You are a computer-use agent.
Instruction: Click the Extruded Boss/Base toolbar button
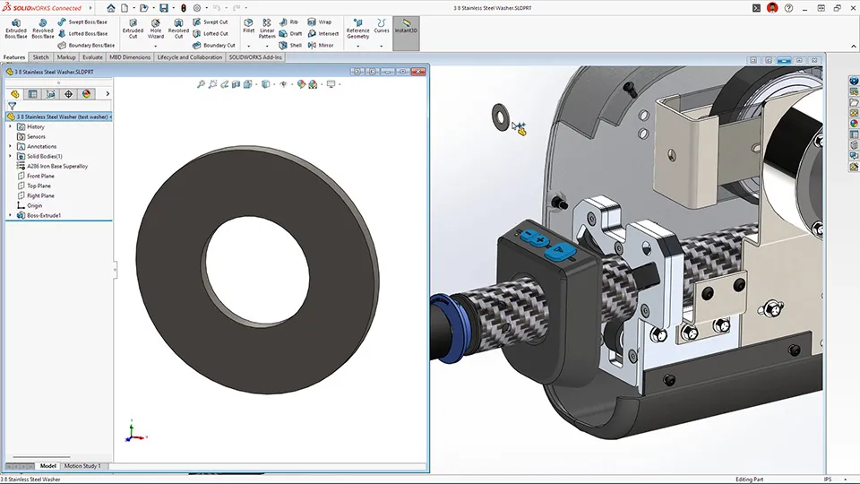click(16, 28)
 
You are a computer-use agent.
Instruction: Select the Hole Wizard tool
click(156, 28)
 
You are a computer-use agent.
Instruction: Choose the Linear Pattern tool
click(267, 28)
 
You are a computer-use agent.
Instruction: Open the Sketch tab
click(41, 56)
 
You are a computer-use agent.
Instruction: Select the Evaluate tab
click(92, 56)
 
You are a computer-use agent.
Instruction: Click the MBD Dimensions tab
click(130, 56)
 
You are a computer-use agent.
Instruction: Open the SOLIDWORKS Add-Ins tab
click(255, 56)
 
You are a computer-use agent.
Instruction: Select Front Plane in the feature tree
click(40, 176)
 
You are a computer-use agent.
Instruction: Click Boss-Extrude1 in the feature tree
click(43, 215)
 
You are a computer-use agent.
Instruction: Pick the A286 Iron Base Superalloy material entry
click(56, 166)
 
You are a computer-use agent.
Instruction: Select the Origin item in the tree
click(34, 205)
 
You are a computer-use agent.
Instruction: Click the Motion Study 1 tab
click(82, 466)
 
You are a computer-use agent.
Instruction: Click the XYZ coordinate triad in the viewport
click(131, 433)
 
